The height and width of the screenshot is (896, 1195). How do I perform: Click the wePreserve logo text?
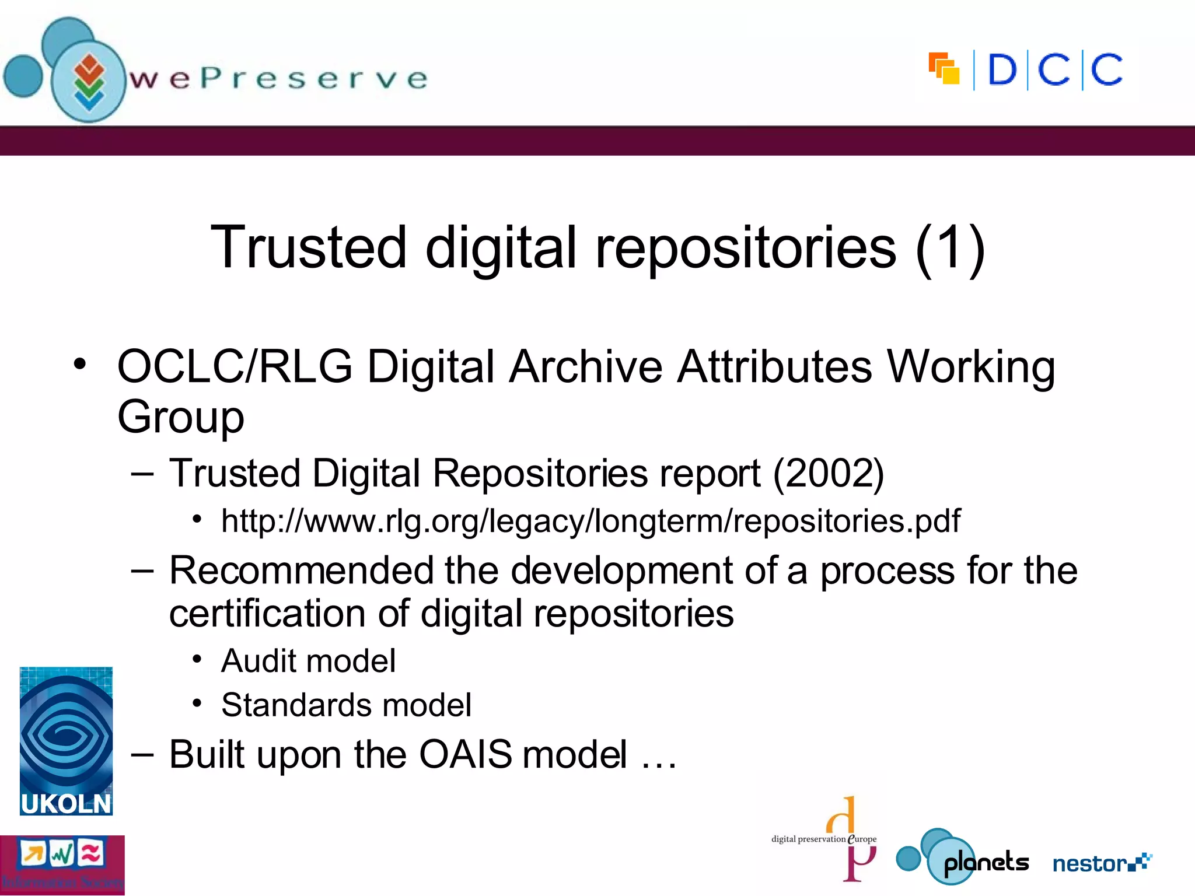coord(279,79)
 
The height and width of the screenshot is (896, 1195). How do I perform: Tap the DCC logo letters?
coord(1054,70)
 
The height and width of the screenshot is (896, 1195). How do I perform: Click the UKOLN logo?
coord(66,741)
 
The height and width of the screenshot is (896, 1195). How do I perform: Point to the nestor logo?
coord(1102,863)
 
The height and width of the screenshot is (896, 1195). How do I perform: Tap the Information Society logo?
coord(62,865)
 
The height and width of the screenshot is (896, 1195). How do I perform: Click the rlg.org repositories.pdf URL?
coord(590,520)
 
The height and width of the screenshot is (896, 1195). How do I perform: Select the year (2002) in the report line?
coord(829,473)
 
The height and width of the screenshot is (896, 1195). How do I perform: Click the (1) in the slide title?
coord(950,248)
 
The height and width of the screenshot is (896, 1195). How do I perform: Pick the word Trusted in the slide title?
coord(308,248)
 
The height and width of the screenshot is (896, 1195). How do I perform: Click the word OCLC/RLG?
coord(235,367)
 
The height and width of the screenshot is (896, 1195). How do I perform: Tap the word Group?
coord(181,417)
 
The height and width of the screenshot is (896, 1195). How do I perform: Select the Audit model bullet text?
coord(308,661)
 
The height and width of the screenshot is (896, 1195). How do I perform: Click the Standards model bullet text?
coord(346,705)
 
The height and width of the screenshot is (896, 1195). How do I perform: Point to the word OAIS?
coord(465,754)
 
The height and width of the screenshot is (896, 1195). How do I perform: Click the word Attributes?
coord(775,367)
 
